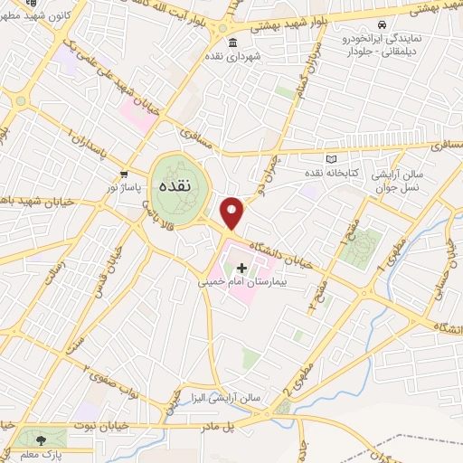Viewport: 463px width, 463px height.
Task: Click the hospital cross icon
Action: click(x=241, y=268)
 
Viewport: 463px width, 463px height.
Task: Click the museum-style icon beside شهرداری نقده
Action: click(x=233, y=43)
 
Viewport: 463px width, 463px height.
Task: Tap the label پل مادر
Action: click(x=241, y=421)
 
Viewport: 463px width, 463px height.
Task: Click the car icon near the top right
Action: click(x=383, y=24)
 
